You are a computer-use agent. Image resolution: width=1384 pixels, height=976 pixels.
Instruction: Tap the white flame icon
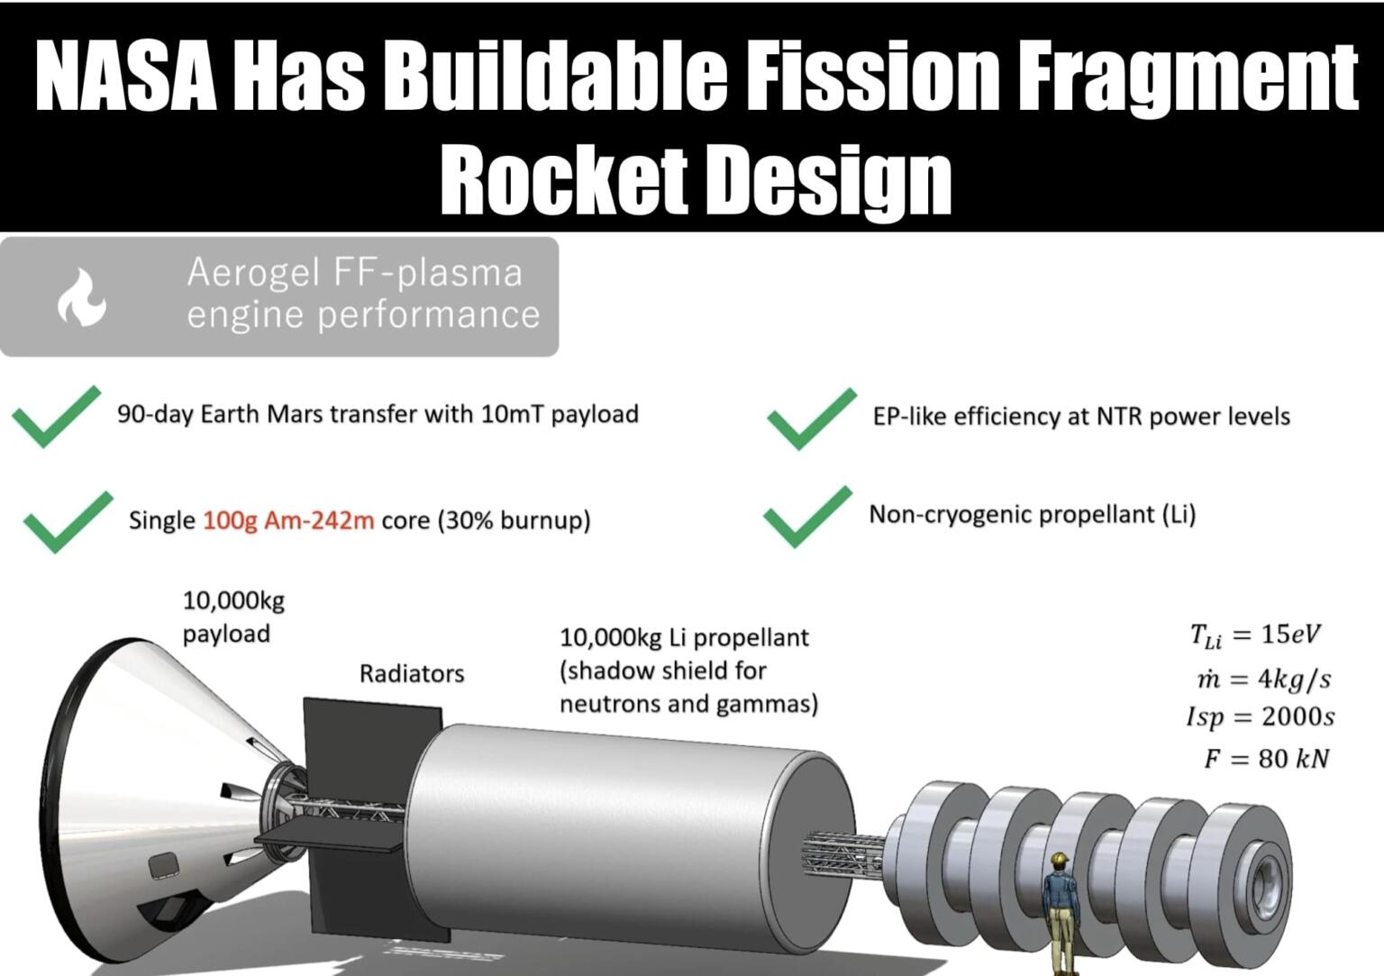coord(81,297)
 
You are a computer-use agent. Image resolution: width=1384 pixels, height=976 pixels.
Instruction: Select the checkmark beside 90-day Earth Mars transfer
coord(55,416)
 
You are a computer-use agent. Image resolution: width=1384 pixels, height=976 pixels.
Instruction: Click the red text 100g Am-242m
coord(287,521)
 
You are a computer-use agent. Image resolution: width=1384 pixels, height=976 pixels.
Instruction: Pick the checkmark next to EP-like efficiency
coord(810,418)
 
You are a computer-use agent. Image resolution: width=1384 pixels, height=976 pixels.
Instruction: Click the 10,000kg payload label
coord(232,617)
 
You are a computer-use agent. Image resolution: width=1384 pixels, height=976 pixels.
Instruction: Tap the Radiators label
coord(412,673)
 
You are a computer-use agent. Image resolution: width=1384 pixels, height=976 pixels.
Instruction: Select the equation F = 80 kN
coord(1266,759)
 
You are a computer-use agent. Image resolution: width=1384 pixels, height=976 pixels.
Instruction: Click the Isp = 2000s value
coord(1260,717)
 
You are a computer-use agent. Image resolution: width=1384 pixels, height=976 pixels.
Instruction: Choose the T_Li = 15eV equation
coord(1254,635)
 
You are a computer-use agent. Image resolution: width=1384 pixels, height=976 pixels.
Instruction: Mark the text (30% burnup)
coord(514,521)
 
